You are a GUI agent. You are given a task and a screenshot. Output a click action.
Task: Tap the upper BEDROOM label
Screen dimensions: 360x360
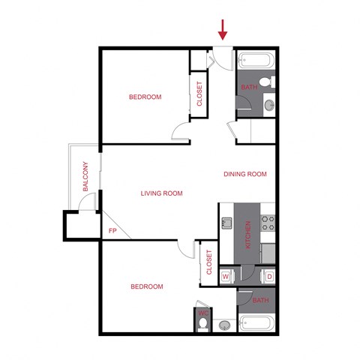[x=145, y=97]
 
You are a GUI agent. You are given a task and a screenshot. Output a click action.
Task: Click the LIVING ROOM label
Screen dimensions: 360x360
[x=161, y=193]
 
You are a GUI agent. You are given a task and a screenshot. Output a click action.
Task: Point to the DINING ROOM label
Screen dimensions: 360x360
[x=245, y=174]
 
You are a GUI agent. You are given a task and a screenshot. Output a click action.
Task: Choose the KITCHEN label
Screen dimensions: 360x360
[x=247, y=235]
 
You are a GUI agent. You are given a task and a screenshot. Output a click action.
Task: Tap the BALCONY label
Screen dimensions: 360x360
[x=86, y=178]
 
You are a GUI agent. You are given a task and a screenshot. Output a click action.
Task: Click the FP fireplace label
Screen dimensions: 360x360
[x=113, y=231]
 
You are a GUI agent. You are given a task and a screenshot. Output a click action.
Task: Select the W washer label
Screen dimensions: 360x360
[x=226, y=277]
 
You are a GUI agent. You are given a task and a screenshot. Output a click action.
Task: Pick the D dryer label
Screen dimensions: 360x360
[x=269, y=277]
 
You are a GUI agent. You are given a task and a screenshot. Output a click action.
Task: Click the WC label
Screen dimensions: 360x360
[x=202, y=313]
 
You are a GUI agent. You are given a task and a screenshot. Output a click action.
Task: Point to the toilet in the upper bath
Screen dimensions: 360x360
[x=265, y=81]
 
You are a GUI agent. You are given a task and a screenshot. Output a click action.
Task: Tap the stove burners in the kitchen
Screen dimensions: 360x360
[x=268, y=222]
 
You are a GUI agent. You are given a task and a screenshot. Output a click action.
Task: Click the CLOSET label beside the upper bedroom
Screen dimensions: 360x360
[x=199, y=94]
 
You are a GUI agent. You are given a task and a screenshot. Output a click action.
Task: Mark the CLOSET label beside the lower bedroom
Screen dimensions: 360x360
[x=208, y=262]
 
